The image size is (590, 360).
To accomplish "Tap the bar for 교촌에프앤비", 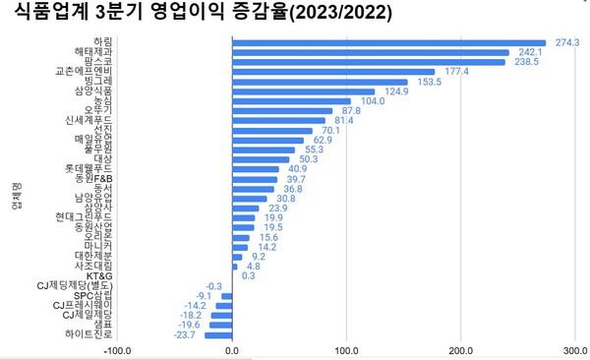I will [333, 72].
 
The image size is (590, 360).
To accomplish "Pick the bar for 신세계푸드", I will [278, 120].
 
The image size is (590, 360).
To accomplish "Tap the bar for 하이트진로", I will [218, 334].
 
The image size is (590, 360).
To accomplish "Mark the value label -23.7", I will [184, 334].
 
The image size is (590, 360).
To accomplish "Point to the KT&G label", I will [98, 275].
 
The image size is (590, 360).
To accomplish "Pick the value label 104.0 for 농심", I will [373, 100].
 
